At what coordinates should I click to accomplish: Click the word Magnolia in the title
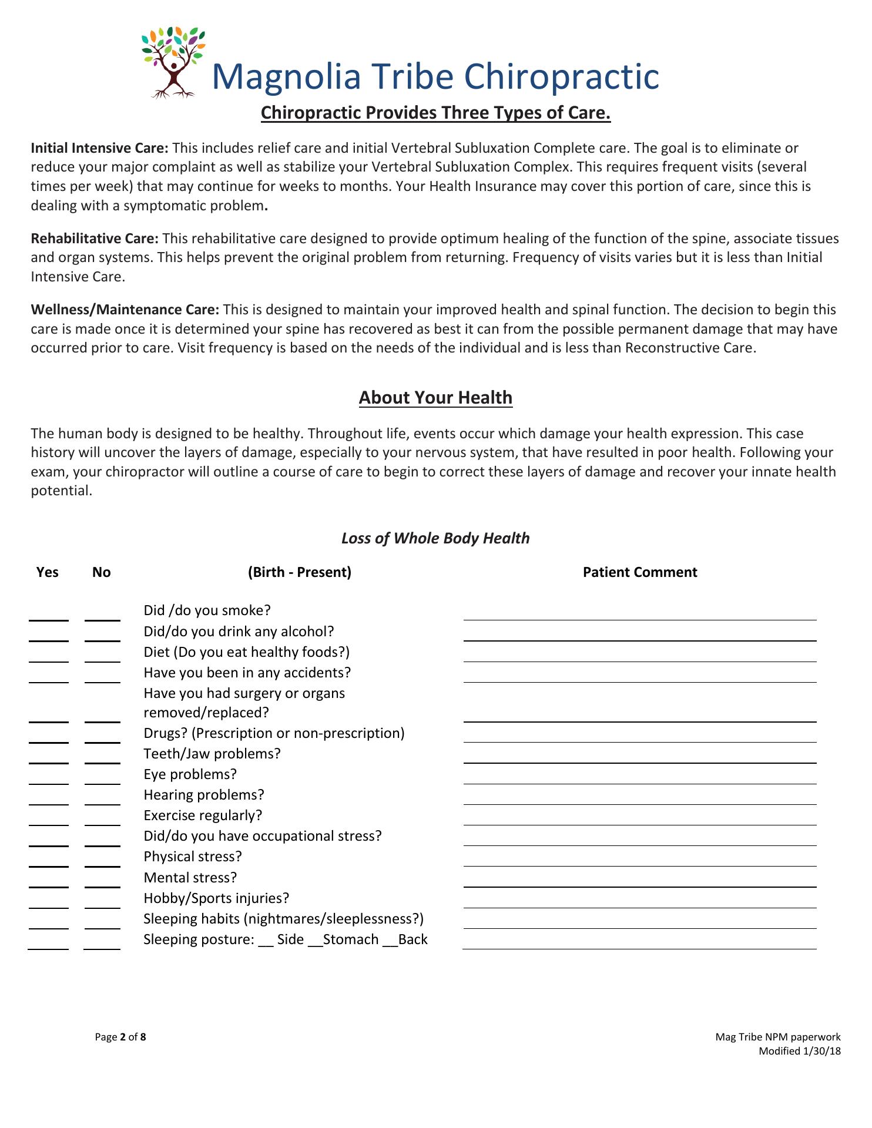click(286, 77)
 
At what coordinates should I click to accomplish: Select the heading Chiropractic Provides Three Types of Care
click(435, 112)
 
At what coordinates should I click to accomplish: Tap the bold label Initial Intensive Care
click(99, 147)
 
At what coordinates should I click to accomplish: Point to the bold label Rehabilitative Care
click(95, 238)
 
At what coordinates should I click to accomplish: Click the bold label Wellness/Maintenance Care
click(125, 310)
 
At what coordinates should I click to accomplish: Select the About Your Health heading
click(435, 398)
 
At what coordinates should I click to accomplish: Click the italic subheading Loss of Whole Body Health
click(435, 538)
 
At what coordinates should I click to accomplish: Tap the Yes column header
click(48, 572)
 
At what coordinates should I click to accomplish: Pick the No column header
click(102, 572)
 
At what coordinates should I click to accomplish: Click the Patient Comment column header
click(639, 572)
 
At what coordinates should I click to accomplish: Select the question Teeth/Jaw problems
click(212, 754)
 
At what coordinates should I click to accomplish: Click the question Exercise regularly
click(203, 815)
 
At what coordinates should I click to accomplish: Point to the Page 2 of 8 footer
click(120, 1037)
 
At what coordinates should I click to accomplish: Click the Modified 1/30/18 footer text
click(799, 1051)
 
